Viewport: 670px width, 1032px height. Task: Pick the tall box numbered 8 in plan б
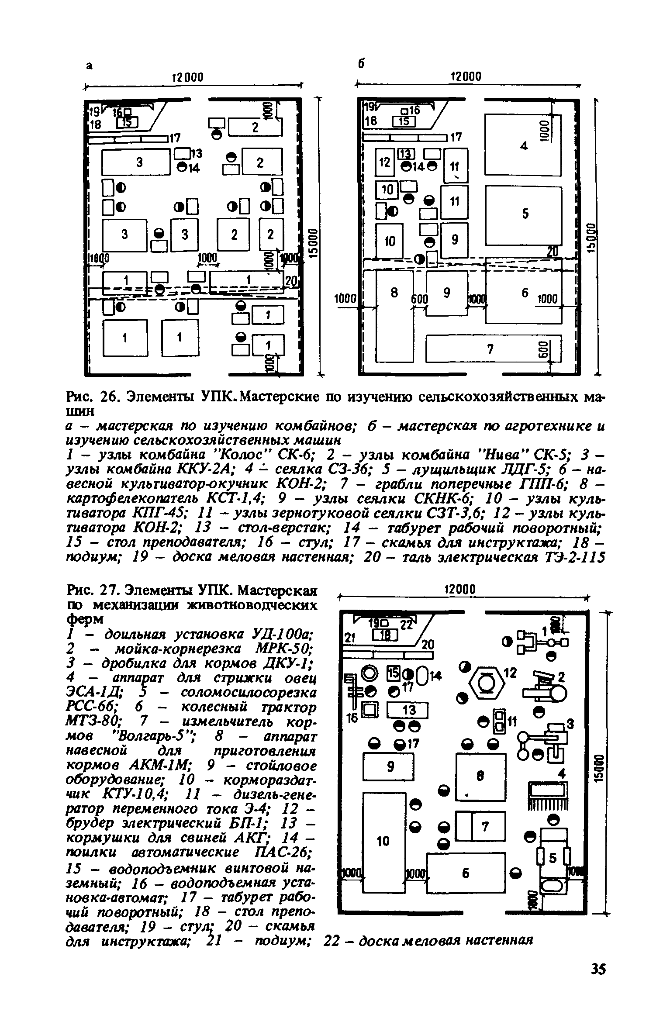(394, 316)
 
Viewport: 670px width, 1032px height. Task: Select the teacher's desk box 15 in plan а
(127, 124)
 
